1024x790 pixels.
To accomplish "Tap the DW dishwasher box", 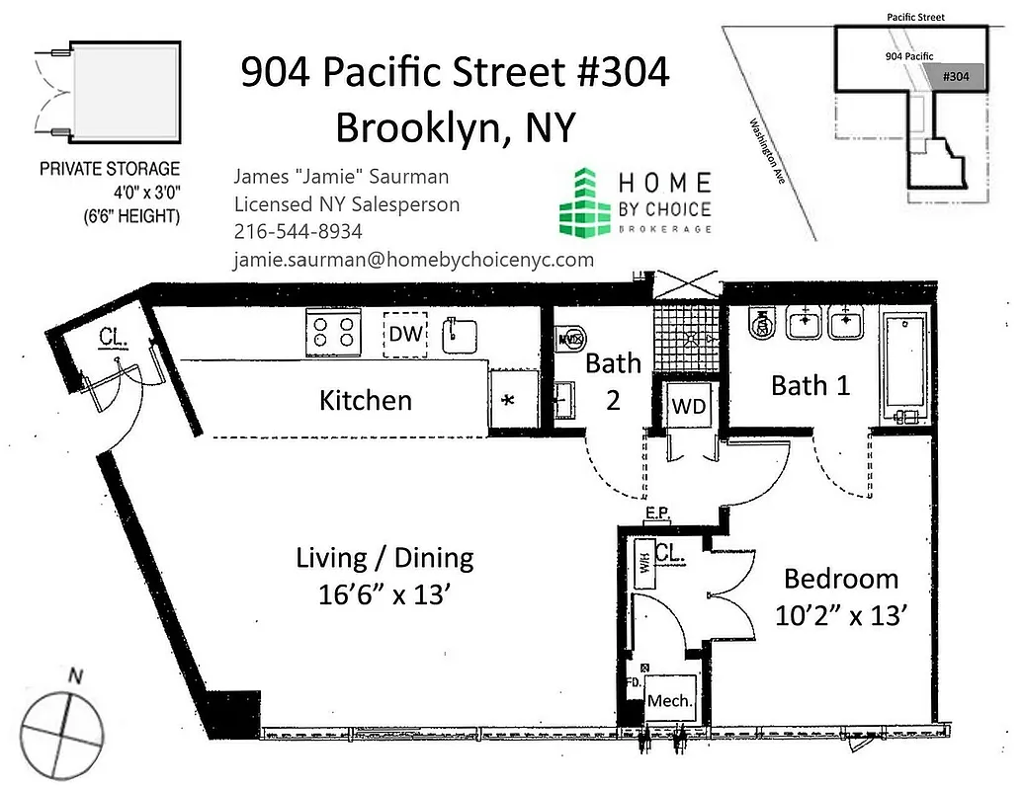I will pos(405,335).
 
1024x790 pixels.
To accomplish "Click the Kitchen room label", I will pos(365,400).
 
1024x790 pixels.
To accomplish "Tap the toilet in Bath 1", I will pos(761,323).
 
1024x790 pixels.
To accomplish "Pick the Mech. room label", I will pos(669,701).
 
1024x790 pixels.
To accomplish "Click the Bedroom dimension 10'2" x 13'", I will pos(841,615).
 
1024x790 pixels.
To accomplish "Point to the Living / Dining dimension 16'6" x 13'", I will pos(384,595).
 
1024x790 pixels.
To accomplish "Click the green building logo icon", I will pos(584,202).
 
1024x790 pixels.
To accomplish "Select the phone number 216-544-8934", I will pos(298,231).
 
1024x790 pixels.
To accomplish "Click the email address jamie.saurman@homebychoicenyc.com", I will pos(413,260).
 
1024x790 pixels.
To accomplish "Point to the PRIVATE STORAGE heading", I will pos(110,169).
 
